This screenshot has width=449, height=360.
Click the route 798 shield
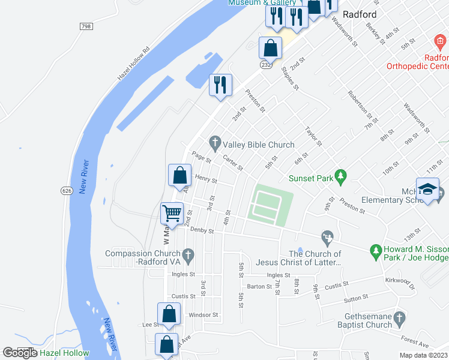(x=85, y=26)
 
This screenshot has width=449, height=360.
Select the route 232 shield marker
(x=265, y=64)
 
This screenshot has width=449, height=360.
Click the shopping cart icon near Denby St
(x=172, y=213)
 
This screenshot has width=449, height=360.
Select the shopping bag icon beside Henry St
(x=179, y=175)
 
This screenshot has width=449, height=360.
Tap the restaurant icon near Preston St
(x=220, y=84)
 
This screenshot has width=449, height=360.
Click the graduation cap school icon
(x=427, y=189)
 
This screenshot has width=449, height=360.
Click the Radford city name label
(x=359, y=14)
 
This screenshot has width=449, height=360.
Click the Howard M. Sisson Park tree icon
(x=376, y=249)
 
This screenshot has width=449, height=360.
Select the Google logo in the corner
(x=20, y=353)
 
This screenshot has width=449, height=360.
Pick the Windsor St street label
(x=203, y=314)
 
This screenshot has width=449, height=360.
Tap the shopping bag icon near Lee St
(x=169, y=314)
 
